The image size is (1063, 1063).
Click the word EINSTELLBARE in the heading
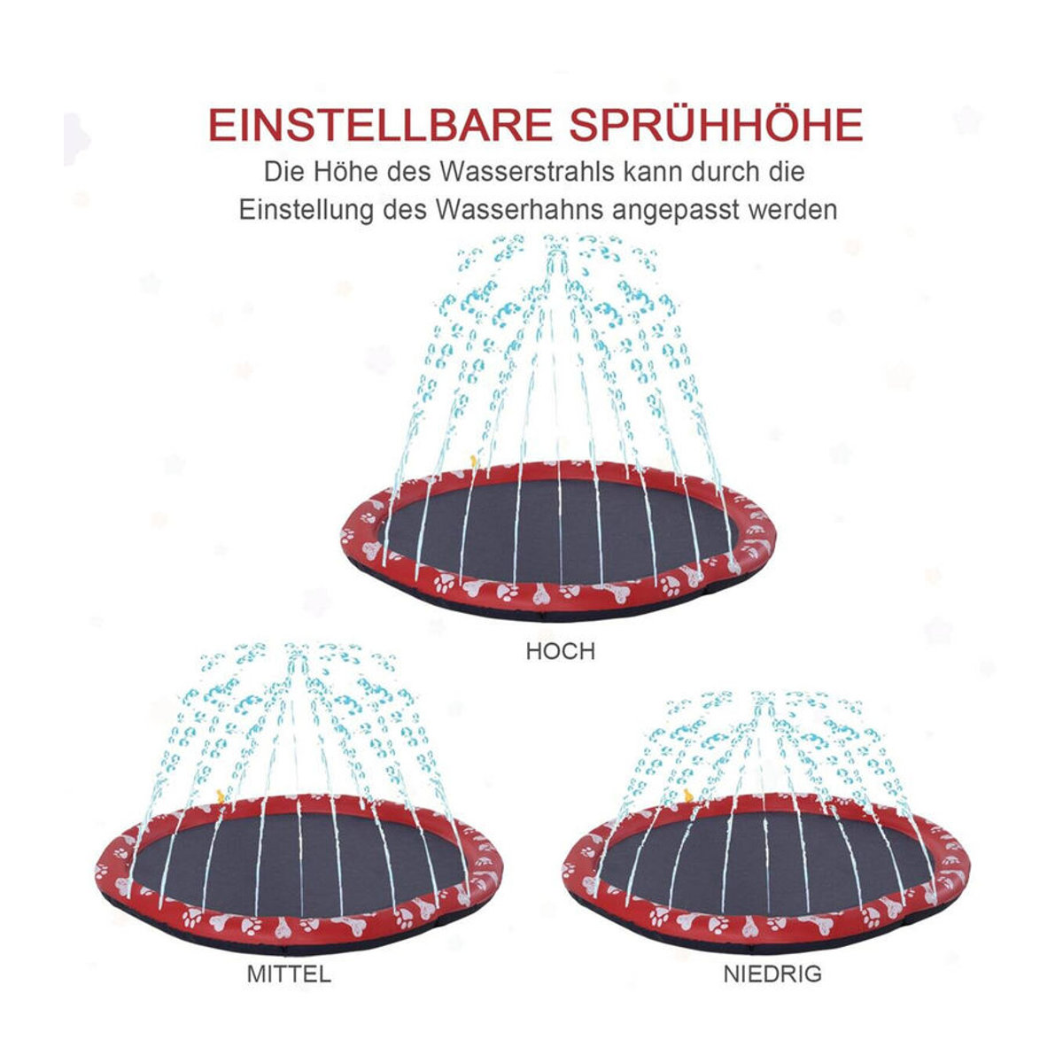[x=380, y=125]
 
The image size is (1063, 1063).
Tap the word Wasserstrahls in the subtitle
[x=527, y=172]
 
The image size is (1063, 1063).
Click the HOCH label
[x=560, y=651]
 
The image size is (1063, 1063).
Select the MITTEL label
[x=289, y=974]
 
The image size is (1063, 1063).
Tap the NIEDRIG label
[x=772, y=974]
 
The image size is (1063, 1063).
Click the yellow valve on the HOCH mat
[x=473, y=462]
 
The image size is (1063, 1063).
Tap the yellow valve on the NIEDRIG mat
[x=688, y=795]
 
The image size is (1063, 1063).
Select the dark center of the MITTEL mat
[x=300, y=865]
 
